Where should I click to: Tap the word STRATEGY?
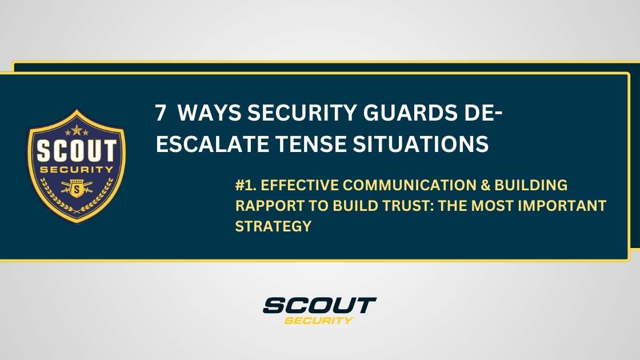click(273, 226)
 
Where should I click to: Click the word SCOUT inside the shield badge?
click(76, 151)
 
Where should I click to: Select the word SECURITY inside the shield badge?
click(76, 170)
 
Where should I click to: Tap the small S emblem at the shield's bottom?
click(76, 189)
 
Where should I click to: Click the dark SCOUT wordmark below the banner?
click(319, 305)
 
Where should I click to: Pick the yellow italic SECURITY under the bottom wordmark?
click(318, 320)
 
